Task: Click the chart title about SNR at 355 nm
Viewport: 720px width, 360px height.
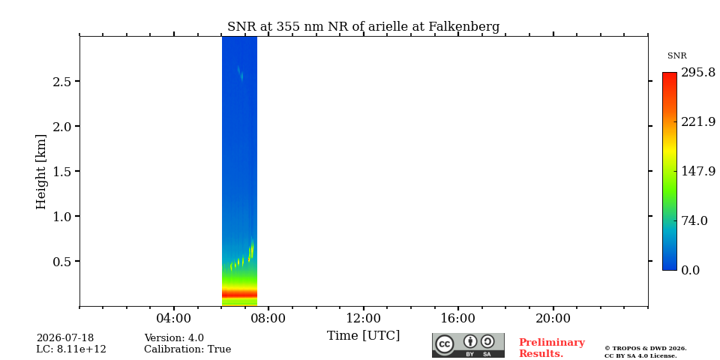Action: click(x=363, y=27)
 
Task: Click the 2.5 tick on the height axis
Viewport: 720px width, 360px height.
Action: click(x=62, y=81)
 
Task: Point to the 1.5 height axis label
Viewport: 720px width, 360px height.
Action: click(x=62, y=171)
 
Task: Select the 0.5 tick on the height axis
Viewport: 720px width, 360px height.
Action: click(x=62, y=261)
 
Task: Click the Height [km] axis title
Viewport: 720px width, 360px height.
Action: click(x=41, y=172)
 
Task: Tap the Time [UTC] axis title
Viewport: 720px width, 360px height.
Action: click(x=363, y=336)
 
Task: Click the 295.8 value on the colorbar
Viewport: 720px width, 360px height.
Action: click(x=698, y=73)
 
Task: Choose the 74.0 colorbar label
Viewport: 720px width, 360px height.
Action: click(x=694, y=220)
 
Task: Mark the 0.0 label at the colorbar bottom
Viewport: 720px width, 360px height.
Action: click(x=690, y=270)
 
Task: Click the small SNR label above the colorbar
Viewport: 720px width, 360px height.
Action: click(x=676, y=56)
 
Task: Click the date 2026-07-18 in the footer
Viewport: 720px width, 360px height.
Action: click(x=65, y=338)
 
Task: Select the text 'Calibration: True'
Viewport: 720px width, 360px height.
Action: click(x=187, y=349)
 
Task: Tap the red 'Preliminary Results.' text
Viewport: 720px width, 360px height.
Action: click(x=552, y=347)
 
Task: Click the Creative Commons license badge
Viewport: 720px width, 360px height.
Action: click(x=468, y=345)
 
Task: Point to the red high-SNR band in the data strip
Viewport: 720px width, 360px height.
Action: click(x=239, y=293)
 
